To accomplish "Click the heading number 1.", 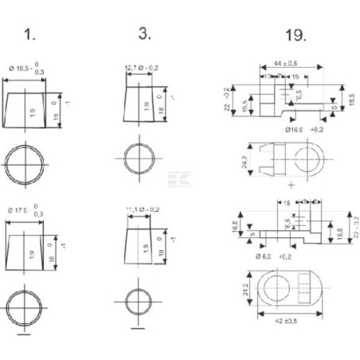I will coord(29,35).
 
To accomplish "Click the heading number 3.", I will coord(143,35).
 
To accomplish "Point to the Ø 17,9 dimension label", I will coord(29,210).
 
